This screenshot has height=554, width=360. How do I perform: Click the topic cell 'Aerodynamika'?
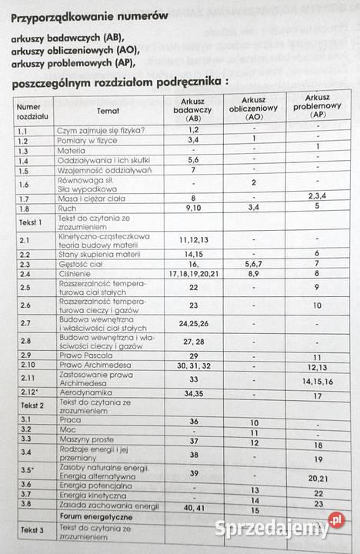(86, 393)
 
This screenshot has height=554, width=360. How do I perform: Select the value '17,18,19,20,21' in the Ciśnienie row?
(195, 273)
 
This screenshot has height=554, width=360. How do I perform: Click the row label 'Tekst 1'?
(32, 222)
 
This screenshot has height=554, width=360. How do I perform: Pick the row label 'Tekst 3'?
(32, 529)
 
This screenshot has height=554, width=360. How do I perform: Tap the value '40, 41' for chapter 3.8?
(194, 507)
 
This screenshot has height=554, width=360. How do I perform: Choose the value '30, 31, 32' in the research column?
(194, 365)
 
